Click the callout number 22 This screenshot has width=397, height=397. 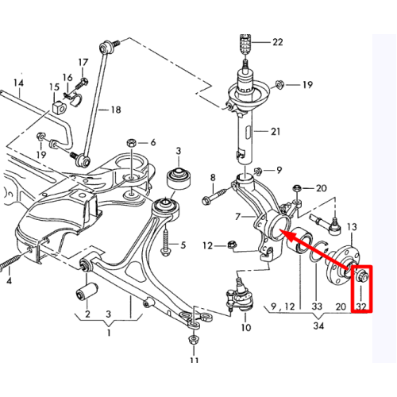tap(278, 42)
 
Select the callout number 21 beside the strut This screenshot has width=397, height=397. tap(276, 131)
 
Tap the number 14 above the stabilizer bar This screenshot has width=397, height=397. tap(18, 83)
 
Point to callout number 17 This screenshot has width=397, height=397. tap(83, 63)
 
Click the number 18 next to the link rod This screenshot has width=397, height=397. tap(116, 110)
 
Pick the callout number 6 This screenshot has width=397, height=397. tap(153, 142)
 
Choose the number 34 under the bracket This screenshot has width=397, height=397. tap(318, 326)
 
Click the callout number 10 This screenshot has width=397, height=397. tap(245, 328)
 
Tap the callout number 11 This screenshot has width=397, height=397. tap(194, 360)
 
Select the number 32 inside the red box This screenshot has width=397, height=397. tap(361, 306)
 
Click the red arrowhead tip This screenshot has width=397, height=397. tap(280, 230)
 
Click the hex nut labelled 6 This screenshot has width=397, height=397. tap(131, 143)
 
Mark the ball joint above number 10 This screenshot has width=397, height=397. tap(240, 295)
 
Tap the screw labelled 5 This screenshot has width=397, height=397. tap(166, 243)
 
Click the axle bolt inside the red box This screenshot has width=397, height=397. tap(361, 276)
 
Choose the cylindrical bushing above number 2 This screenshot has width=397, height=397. tap(87, 291)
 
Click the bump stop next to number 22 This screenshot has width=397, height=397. tap(245, 44)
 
